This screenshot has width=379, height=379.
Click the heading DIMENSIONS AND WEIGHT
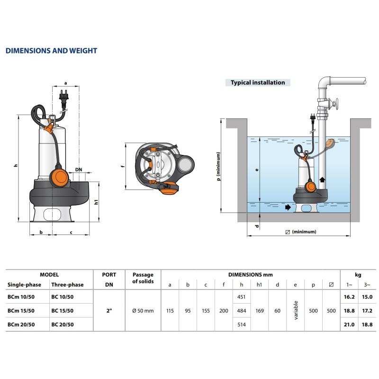click(51, 51)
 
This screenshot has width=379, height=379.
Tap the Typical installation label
click(258, 82)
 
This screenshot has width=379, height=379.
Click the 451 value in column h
click(241, 297)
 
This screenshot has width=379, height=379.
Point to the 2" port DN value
click(109, 310)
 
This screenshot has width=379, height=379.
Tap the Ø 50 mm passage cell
click(143, 310)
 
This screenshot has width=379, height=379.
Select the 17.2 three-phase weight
click(367, 310)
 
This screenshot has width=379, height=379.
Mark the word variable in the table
click(296, 310)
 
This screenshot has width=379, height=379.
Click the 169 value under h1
click(260, 310)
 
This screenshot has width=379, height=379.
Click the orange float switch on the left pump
click(61, 179)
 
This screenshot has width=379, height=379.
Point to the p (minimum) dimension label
click(218, 166)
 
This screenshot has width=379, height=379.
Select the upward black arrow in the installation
click(322, 180)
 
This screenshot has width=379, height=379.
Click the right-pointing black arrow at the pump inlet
click(288, 207)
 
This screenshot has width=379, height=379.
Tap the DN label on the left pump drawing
click(79, 169)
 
